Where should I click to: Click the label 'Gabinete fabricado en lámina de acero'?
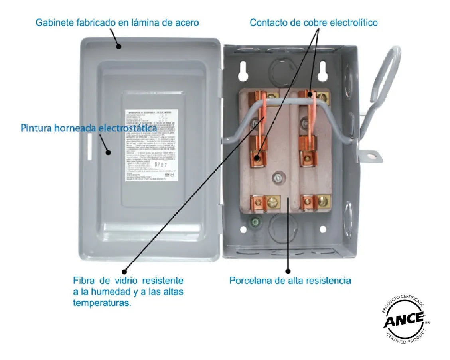point(117,22)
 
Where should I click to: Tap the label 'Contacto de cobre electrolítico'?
point(313,22)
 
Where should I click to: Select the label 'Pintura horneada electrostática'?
point(88,128)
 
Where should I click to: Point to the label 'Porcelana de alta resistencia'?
point(290,281)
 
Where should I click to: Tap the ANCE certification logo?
point(404,321)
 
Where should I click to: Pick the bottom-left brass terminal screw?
point(273,202)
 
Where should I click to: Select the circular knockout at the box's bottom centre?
point(282,228)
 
